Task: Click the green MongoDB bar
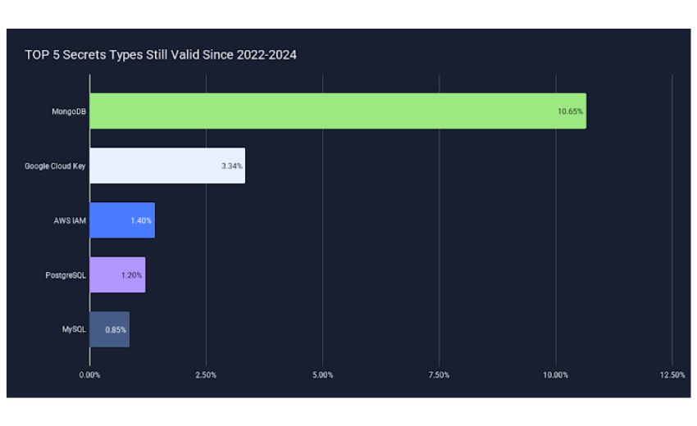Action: click(x=338, y=111)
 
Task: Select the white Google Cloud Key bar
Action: click(x=167, y=165)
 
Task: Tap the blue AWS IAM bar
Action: click(x=122, y=220)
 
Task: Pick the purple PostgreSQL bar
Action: click(x=117, y=275)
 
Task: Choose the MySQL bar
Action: click(x=109, y=329)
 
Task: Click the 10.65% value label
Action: click(x=570, y=111)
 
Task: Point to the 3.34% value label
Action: click(x=231, y=166)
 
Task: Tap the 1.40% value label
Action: click(x=141, y=220)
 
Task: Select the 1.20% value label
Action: click(x=131, y=275)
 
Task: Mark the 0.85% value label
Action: click(x=116, y=330)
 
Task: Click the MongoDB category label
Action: click(x=68, y=111)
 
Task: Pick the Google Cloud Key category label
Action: click(x=55, y=166)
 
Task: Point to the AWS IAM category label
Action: click(x=70, y=220)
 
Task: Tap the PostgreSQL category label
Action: click(x=66, y=275)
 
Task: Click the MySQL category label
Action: click(x=74, y=329)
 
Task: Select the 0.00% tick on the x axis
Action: click(x=89, y=375)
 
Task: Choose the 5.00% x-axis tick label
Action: click(x=323, y=375)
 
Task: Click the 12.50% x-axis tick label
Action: click(x=672, y=375)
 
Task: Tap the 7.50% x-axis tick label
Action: click(x=440, y=375)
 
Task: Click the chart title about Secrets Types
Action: click(x=161, y=55)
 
